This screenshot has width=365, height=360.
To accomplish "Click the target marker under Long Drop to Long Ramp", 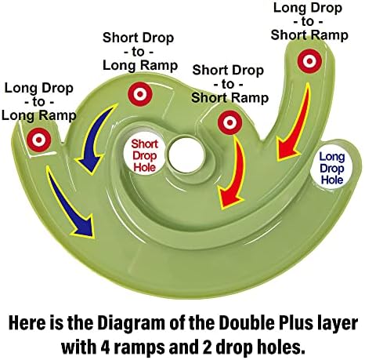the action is tap(38, 140).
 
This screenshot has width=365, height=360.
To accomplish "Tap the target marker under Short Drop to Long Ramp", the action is tap(140, 94).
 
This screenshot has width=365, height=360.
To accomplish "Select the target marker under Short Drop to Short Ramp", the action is tap(230, 122).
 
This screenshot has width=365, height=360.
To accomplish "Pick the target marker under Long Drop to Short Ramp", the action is tap(309, 61).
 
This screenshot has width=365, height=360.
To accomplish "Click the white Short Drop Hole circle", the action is tap(144, 156).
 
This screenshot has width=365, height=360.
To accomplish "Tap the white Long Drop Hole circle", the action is tap(332, 168).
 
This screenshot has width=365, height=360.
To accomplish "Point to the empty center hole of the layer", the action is tap(186, 155).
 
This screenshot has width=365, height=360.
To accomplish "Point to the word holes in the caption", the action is tap(281, 347).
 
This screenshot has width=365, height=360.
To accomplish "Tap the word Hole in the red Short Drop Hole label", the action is tap(145, 168).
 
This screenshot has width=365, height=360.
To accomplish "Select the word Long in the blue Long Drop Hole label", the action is tap(332, 157).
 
